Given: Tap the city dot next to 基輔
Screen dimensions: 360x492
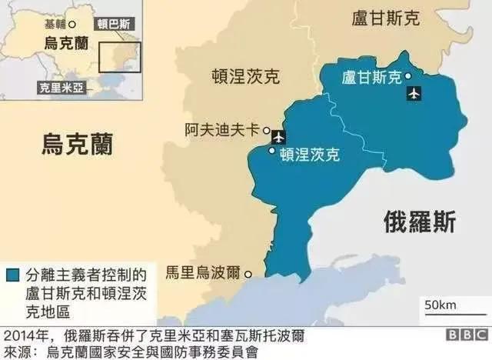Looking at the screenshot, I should (72, 25).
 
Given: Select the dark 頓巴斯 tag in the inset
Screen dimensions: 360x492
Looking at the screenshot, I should (115, 25).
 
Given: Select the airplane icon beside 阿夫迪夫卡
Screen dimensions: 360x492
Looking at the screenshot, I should (278, 138).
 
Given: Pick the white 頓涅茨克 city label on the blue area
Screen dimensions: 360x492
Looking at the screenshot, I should (310, 154).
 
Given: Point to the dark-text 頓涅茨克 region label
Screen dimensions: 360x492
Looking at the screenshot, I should (246, 75).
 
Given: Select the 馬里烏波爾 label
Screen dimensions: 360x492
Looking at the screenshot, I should (203, 273).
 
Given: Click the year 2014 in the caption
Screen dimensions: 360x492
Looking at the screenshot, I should (18, 336).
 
